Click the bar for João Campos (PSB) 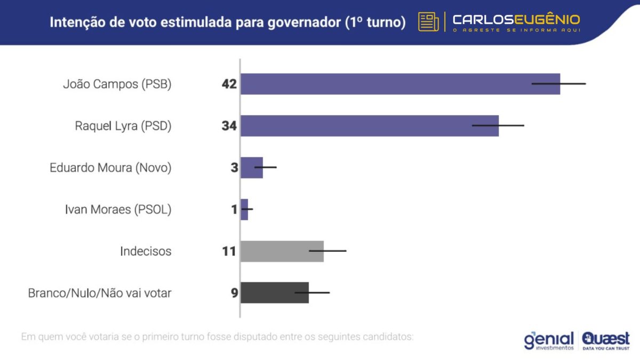click(400, 84)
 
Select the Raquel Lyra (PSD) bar click(369, 126)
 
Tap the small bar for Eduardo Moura click(252, 167)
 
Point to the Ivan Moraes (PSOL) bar click(244, 210)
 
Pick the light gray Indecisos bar click(282, 251)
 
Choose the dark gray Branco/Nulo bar click(274, 293)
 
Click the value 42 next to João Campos click(229, 84)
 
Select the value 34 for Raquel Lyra click(229, 126)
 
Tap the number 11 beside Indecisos click(229, 251)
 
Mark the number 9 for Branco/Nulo click(234, 293)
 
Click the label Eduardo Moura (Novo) click(110, 167)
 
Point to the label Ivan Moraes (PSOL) click(118, 210)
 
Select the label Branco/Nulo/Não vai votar click(100, 293)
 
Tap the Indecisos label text click(146, 251)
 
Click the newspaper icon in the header click(428, 22)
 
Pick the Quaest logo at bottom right click(606, 340)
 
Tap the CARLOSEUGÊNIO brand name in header click(516, 20)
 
